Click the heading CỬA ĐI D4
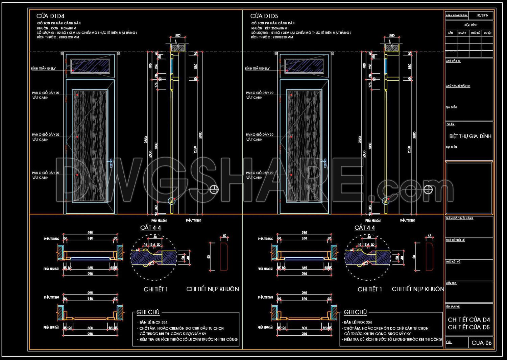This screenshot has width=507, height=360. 50,16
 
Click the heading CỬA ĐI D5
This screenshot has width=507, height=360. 264,16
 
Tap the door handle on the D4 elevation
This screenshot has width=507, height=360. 111,163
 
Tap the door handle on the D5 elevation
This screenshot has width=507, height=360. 324,163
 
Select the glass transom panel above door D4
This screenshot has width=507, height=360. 90,66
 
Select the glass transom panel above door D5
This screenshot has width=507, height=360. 304,66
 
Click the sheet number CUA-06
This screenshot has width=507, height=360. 481,343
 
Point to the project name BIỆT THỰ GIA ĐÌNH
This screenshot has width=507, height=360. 470,136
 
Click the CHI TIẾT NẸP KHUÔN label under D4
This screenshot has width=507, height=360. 213,289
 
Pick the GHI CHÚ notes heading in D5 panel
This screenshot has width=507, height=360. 355,312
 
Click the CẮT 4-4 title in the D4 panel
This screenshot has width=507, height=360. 151,228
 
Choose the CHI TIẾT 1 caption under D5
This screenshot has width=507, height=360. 370,289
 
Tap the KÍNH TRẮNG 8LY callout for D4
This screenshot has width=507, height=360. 43,69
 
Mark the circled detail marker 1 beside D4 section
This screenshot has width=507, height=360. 214,189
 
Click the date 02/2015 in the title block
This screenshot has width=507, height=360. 482,16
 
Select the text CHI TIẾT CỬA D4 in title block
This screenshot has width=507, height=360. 469,319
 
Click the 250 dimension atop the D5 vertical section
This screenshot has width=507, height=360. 392,35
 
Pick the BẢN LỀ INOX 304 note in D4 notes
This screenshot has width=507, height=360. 153,323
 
